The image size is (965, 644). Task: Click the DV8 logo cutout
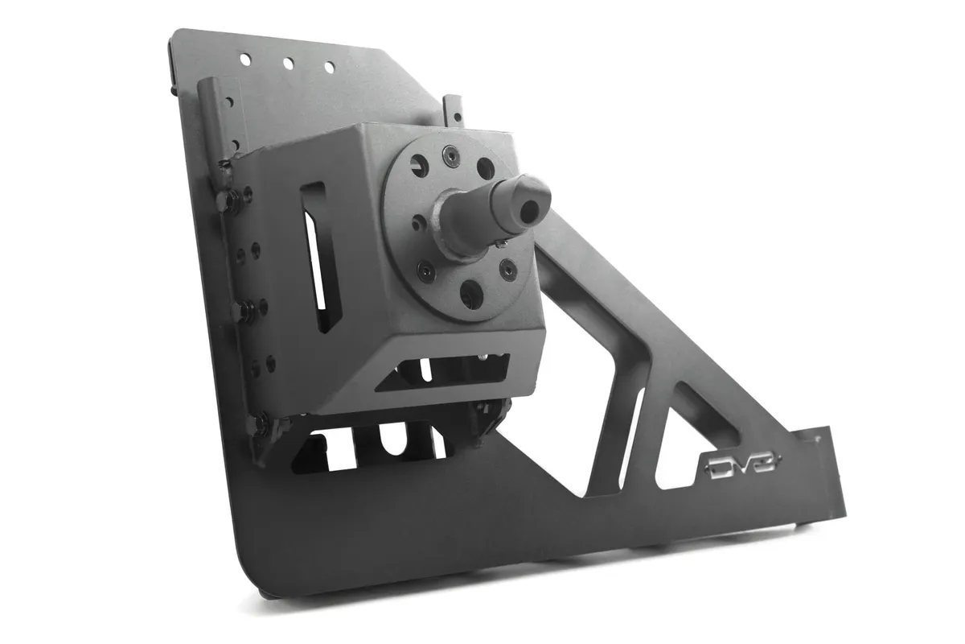(741, 466)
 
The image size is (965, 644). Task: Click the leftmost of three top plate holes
(244, 59)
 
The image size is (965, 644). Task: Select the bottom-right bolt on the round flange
(507, 269)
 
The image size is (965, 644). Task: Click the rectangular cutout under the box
(442, 373)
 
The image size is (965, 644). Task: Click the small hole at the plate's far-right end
(819, 440)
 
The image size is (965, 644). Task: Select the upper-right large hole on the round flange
(485, 167)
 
